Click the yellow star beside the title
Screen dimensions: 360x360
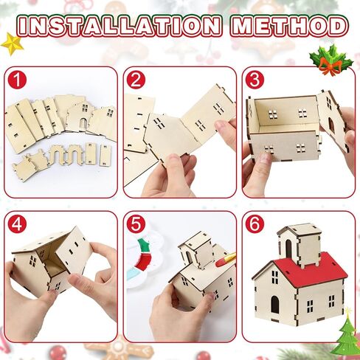click(x=12, y=44)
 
